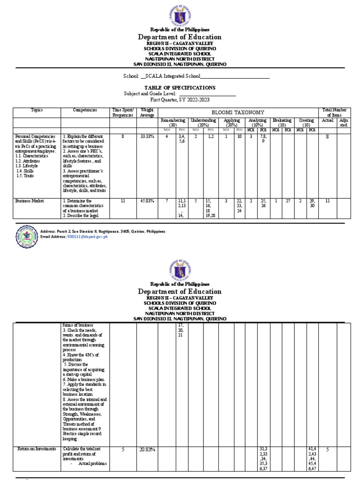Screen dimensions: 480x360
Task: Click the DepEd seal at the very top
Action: tap(180, 14)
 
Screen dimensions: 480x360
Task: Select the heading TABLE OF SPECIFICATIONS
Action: tap(180, 88)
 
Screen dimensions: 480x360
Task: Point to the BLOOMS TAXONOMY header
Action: tap(238, 112)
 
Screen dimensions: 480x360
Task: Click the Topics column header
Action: tap(37, 110)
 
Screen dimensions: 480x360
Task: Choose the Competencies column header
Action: tap(85, 110)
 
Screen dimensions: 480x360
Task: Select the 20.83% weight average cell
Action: tap(147, 450)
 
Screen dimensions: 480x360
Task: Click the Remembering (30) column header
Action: tap(172, 123)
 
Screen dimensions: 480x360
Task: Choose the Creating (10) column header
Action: tap(306, 123)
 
